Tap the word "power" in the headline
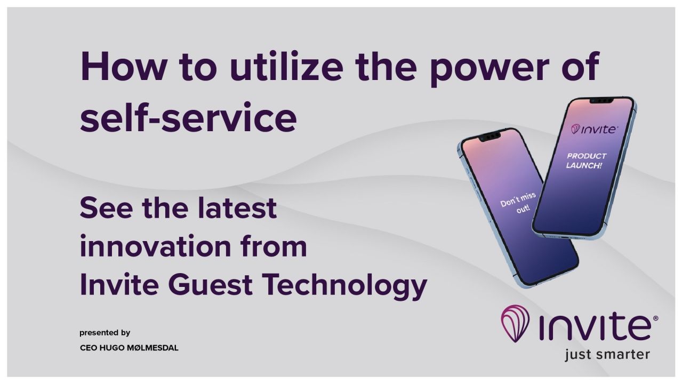coord(490,67)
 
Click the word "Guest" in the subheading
coord(210,285)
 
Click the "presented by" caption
coord(105,333)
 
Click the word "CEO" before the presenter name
coord(87,348)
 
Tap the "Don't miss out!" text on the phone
coord(519,203)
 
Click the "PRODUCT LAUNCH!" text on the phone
coord(586,161)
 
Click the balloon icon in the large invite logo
coord(515,323)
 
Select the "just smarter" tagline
coord(607,354)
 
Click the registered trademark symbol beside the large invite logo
coord(655,318)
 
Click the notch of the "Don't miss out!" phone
coord(489,136)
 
